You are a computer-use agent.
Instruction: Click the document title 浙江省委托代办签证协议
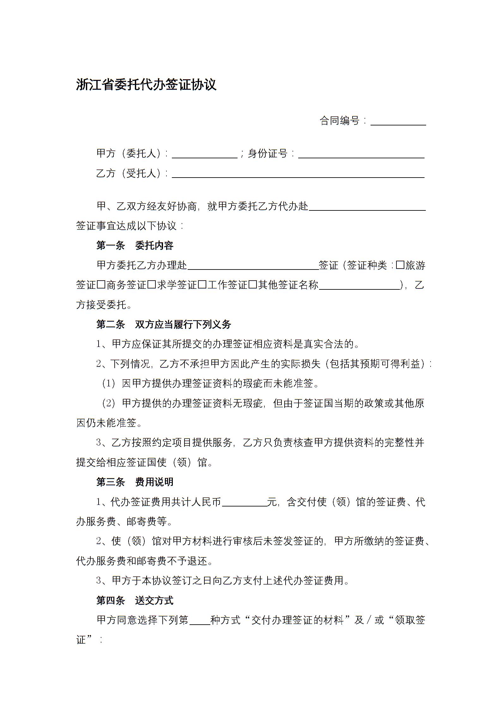coord(146,85)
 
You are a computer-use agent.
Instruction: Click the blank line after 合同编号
coord(398,122)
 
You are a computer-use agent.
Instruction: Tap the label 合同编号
coord(340,120)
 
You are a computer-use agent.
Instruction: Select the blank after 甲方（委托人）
coord(204,155)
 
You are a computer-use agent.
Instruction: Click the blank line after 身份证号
coord(361,155)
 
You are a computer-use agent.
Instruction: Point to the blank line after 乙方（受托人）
coord(298,174)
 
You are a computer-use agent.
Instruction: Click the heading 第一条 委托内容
coord(135,245)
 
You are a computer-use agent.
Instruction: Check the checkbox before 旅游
coord(400,265)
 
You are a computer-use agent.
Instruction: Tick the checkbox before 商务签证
coord(101,285)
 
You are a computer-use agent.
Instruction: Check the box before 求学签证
coord(152,285)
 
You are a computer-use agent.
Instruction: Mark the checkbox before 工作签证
coord(202,285)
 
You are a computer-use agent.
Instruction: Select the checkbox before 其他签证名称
coord(253,285)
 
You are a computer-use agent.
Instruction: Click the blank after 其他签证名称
coord(359,285)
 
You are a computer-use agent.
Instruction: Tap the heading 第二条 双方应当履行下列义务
coord(164,324)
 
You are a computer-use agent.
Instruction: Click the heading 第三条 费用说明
coord(135,482)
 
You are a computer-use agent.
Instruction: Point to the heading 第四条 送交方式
coord(135,600)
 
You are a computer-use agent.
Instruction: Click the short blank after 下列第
coord(199,621)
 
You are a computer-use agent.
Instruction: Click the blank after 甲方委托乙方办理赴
coord(253,266)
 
